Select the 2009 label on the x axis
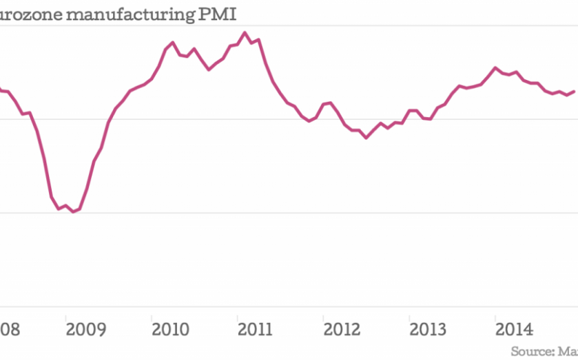point(87,328)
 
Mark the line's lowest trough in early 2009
point(73,212)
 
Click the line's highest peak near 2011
point(245,32)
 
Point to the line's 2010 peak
point(172,42)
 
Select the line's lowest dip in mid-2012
point(366,138)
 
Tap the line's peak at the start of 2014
point(495,67)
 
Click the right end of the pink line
point(575,91)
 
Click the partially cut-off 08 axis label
point(10,328)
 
